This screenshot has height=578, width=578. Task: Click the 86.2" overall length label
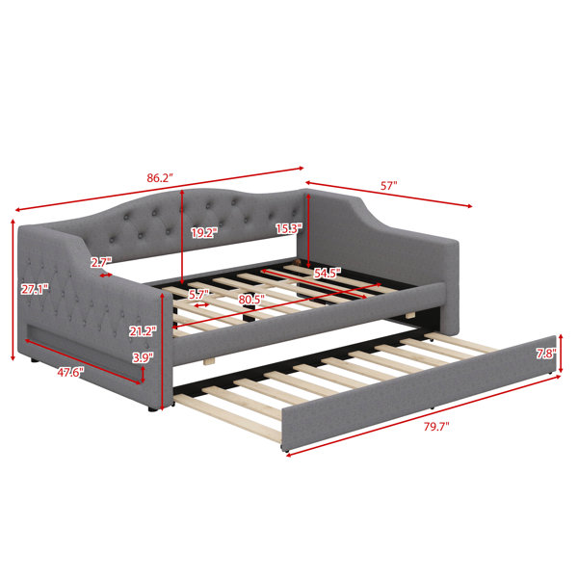pos(160,178)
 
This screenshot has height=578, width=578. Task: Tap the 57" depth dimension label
pos(388,185)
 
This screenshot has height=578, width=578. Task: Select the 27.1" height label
pos(35,289)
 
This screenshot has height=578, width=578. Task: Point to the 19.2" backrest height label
pos(204,232)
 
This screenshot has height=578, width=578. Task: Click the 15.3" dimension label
pos(289,228)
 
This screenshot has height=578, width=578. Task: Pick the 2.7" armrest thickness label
pos(100,262)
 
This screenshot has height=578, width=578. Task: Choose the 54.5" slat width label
pos(328,274)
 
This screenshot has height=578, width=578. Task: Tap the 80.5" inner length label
pos(251,300)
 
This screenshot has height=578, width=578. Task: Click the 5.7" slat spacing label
pos(198,295)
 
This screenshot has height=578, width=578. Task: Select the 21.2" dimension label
pos(143,331)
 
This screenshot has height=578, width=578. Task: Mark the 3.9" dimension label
pos(143,357)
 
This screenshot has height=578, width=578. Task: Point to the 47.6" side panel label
pos(70,372)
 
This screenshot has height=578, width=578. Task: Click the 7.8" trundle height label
pos(546,354)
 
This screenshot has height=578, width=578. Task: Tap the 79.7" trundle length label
pos(436,427)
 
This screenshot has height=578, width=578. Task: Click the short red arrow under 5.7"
pos(201,305)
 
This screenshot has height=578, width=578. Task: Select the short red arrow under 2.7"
pos(106,275)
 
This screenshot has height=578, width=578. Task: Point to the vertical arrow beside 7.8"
pos(561,354)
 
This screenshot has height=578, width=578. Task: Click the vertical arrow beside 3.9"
pos(143,374)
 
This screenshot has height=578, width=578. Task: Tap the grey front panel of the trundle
pos(419,393)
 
